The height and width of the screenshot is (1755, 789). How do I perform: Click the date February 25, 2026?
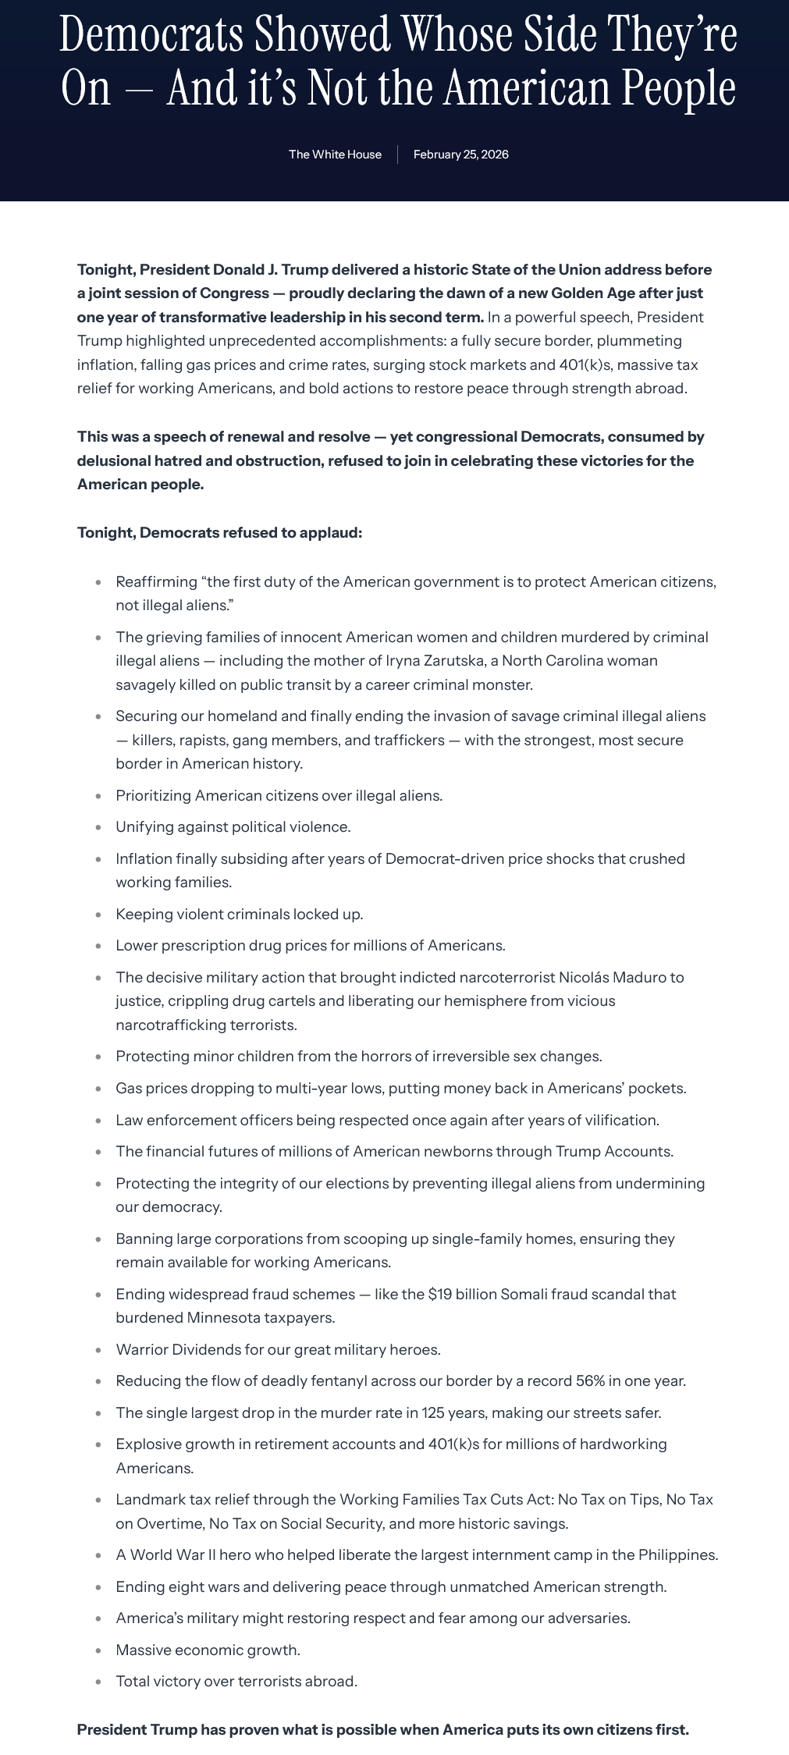coord(460,155)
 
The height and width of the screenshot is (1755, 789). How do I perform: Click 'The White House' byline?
coord(335,155)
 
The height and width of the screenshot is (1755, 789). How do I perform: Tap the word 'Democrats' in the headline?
coord(151,35)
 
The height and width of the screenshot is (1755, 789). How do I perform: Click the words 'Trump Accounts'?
coord(613,1151)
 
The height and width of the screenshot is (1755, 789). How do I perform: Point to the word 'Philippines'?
coord(677,1554)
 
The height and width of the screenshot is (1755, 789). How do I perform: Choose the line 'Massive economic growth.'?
coord(208,1650)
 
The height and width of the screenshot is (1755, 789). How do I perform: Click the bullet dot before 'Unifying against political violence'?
coord(98,827)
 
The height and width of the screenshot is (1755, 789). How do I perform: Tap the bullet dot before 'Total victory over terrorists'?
coord(98,1682)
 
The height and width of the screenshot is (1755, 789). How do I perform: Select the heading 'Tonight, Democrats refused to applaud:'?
coord(219,533)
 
